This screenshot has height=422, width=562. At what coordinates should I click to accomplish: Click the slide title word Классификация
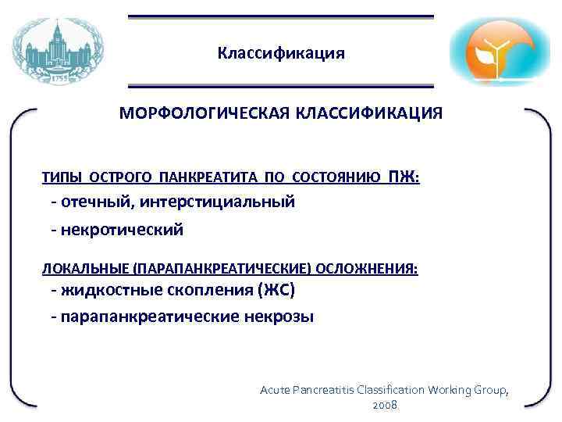tap(280, 53)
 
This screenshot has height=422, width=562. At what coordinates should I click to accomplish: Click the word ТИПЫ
tap(60, 178)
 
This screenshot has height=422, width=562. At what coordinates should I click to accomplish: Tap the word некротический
tap(121, 230)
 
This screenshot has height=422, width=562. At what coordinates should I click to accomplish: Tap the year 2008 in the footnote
tap(386, 406)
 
